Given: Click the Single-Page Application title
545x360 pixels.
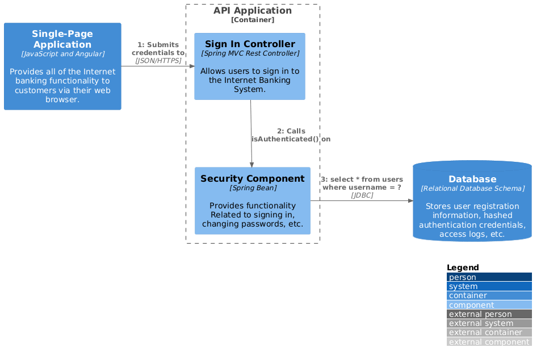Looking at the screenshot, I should pyautogui.click(x=62, y=39).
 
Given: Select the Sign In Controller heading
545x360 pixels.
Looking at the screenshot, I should pyautogui.click(x=250, y=44).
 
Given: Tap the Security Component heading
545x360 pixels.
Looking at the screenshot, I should pyautogui.click(x=253, y=178).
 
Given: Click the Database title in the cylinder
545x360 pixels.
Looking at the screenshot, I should pyautogui.click(x=472, y=179).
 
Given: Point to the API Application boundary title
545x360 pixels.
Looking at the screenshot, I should pyautogui.click(x=253, y=11).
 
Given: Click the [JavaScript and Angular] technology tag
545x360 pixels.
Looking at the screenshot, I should pyautogui.click(x=62, y=54).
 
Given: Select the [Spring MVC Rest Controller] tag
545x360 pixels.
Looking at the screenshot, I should pyautogui.click(x=250, y=53).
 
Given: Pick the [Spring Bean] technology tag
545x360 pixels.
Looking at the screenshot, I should pyautogui.click(x=253, y=187).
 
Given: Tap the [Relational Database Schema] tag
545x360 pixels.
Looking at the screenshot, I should pyautogui.click(x=472, y=188).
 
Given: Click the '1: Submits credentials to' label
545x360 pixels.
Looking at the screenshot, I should pyautogui.click(x=158, y=49).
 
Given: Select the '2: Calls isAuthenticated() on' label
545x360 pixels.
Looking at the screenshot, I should pyautogui.click(x=291, y=135).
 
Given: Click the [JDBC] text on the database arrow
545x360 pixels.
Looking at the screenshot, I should pyautogui.click(x=362, y=195).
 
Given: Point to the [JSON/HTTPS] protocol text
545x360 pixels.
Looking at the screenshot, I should pyautogui.click(x=158, y=61).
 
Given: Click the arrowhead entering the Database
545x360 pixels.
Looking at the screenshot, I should pyautogui.click(x=410, y=200).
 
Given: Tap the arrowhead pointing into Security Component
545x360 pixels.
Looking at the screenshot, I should pyautogui.click(x=252, y=164).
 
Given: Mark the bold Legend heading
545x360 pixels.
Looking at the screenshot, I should pyautogui.click(x=463, y=267).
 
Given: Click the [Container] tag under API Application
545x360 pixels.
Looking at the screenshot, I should pyautogui.click(x=253, y=20).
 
